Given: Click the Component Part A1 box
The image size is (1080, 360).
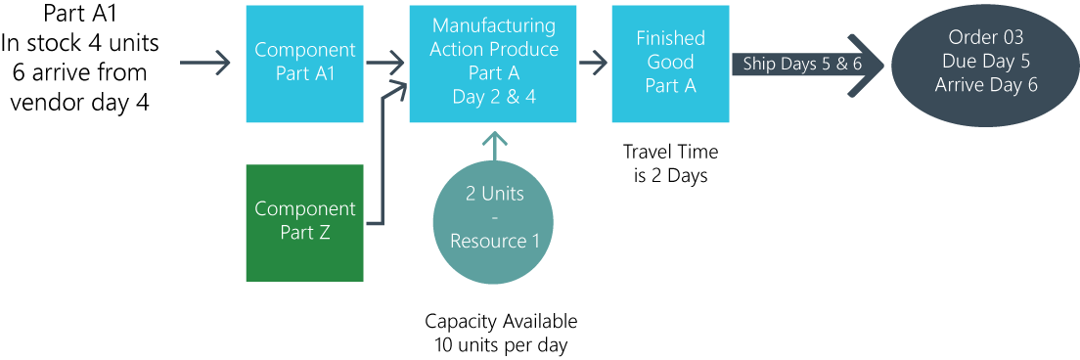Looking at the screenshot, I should point(304,63).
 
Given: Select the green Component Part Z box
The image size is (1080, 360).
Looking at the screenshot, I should point(304,223).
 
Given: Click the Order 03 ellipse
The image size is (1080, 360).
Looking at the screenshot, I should point(985,63).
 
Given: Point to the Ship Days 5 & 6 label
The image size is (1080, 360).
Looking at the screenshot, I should point(801,64).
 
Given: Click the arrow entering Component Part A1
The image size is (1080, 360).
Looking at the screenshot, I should point(206,64).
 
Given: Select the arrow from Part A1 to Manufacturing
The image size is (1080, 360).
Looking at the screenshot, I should point(386,64).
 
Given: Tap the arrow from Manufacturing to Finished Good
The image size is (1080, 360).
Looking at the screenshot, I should point(594,64).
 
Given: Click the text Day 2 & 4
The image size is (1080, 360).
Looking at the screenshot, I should point(494,97).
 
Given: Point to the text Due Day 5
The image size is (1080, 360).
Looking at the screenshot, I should point(985,62).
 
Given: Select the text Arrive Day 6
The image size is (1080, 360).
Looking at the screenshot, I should point(985,85).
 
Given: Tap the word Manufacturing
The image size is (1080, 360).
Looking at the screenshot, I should point(494,25).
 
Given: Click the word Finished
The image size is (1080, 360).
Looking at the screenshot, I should point(670,38).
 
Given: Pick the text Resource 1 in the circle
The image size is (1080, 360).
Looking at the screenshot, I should point(494,241).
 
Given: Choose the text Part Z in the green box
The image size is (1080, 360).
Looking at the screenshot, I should point(305,233).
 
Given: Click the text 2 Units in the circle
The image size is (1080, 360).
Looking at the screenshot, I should point(494,194).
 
